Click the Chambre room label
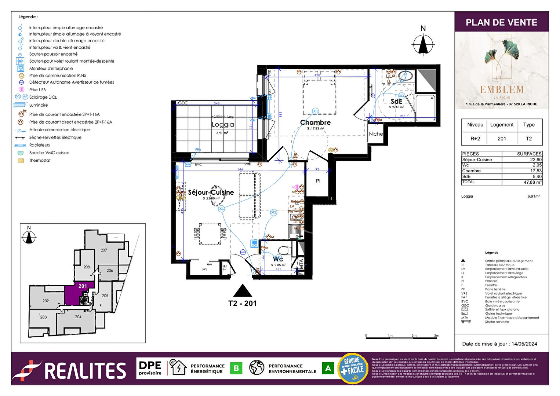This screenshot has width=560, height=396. (x=315, y=122)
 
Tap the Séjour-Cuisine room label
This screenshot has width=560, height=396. (x=211, y=192)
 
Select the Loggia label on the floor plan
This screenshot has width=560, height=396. (x=222, y=125)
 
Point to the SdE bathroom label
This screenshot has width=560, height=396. (x=396, y=102)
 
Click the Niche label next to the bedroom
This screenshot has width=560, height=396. (x=376, y=134)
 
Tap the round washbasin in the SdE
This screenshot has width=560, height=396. (x=406, y=76)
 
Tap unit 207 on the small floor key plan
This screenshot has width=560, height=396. (x=104, y=250)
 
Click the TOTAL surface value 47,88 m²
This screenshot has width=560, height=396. (x=532, y=182)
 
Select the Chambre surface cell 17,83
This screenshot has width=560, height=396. (x=535, y=171)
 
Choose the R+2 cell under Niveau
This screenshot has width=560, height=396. (x=475, y=139)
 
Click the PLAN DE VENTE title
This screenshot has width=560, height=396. (x=501, y=22)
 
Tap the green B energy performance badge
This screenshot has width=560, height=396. (x=236, y=368)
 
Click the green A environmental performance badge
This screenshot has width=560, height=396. (x=328, y=368)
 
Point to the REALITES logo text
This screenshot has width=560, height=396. (x=85, y=371)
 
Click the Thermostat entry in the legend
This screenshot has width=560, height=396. (x=40, y=161)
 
